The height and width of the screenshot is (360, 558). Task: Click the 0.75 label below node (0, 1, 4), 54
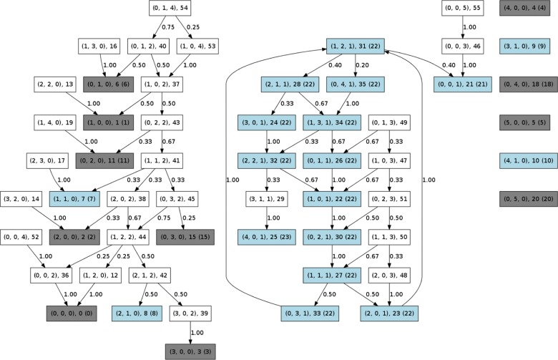[167, 28]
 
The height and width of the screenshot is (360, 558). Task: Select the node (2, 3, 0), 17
[47, 160]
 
